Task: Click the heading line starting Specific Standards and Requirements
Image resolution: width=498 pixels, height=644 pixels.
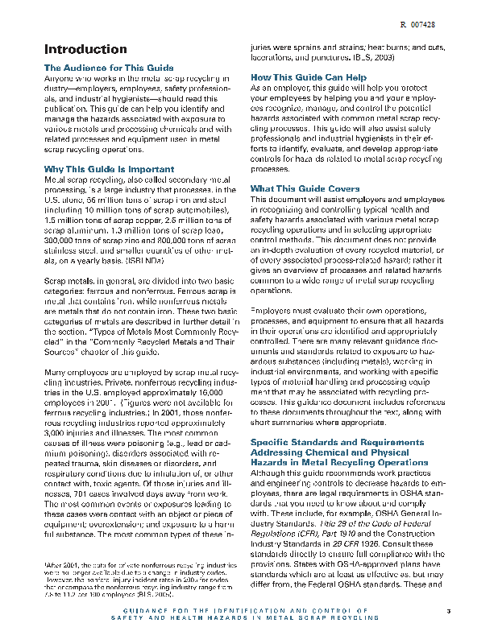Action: pyautogui.click(x=337, y=442)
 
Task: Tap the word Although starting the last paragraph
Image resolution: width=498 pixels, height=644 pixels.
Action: pyautogui.click(x=268, y=473)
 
